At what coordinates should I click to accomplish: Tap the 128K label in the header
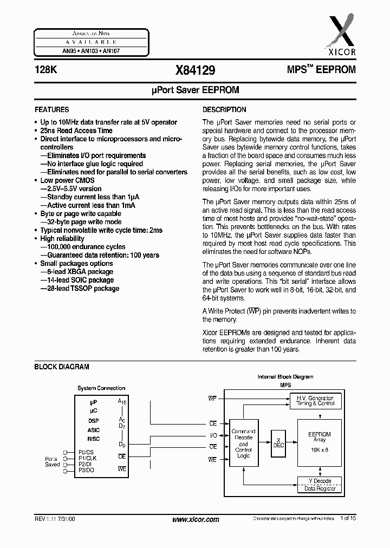click(44, 70)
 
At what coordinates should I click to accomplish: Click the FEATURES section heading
click(52, 109)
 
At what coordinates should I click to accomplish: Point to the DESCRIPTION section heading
click(224, 109)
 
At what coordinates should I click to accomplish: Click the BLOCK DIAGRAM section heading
click(62, 367)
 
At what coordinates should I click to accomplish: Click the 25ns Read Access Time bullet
click(76, 131)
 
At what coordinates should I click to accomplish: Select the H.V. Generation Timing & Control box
click(315, 401)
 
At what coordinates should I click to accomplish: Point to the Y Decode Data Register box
click(320, 485)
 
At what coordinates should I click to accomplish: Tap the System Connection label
click(101, 388)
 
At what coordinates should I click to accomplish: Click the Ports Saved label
click(53, 461)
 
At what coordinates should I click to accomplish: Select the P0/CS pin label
click(86, 452)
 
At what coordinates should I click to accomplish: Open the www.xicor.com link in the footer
click(196, 519)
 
